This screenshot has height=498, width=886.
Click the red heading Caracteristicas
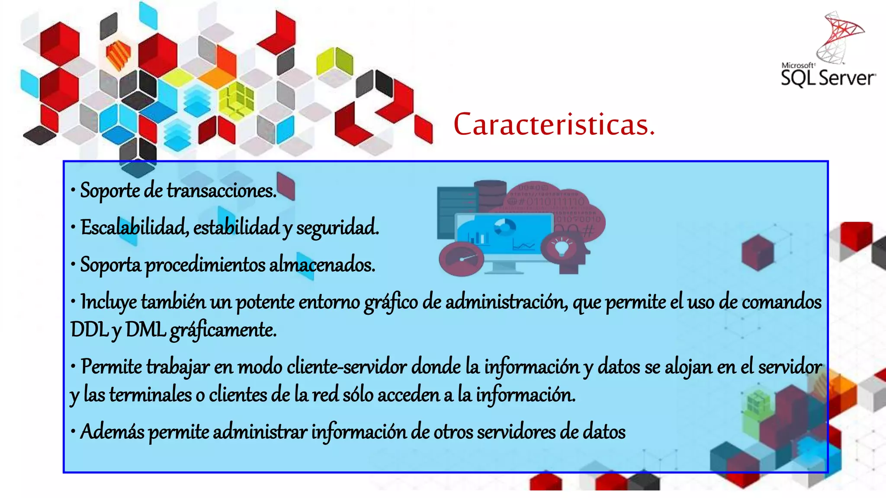[554, 124]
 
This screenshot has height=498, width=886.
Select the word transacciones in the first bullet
[221, 191]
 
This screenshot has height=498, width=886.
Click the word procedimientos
[205, 265]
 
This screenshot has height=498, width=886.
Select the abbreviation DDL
[89, 330]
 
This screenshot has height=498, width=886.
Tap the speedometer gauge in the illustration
[461, 259]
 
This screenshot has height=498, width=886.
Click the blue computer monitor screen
[504, 236]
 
